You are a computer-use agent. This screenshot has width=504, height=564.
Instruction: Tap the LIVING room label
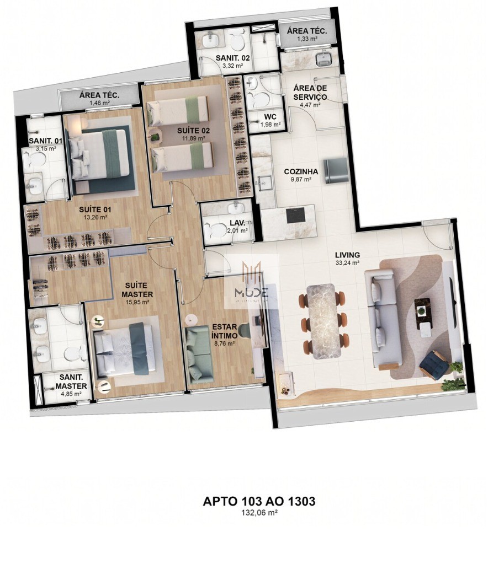pos(348,255)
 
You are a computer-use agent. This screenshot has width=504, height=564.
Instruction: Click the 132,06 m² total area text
pos(259,512)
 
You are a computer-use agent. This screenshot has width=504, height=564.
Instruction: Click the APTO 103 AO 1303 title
pos(259,501)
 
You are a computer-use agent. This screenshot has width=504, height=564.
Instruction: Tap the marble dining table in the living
pos(325,321)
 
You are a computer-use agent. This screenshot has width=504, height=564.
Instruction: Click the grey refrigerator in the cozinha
pos(335,170)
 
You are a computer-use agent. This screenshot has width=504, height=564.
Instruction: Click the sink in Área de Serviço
pos(323,58)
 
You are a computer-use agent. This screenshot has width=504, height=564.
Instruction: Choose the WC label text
pos(269,117)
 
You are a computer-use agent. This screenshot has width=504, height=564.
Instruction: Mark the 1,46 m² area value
pos(99,103)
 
